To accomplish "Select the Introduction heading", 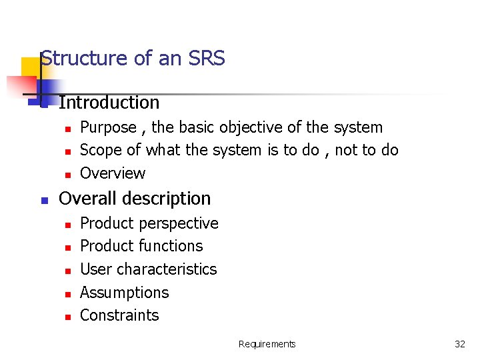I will [109, 103].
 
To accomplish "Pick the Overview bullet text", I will [113, 173].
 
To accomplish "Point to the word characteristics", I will [167, 269].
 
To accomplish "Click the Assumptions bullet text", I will [125, 293].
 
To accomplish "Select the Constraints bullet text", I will [119, 315].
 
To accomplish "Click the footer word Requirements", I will [267, 344].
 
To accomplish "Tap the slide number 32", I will [459, 344].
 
